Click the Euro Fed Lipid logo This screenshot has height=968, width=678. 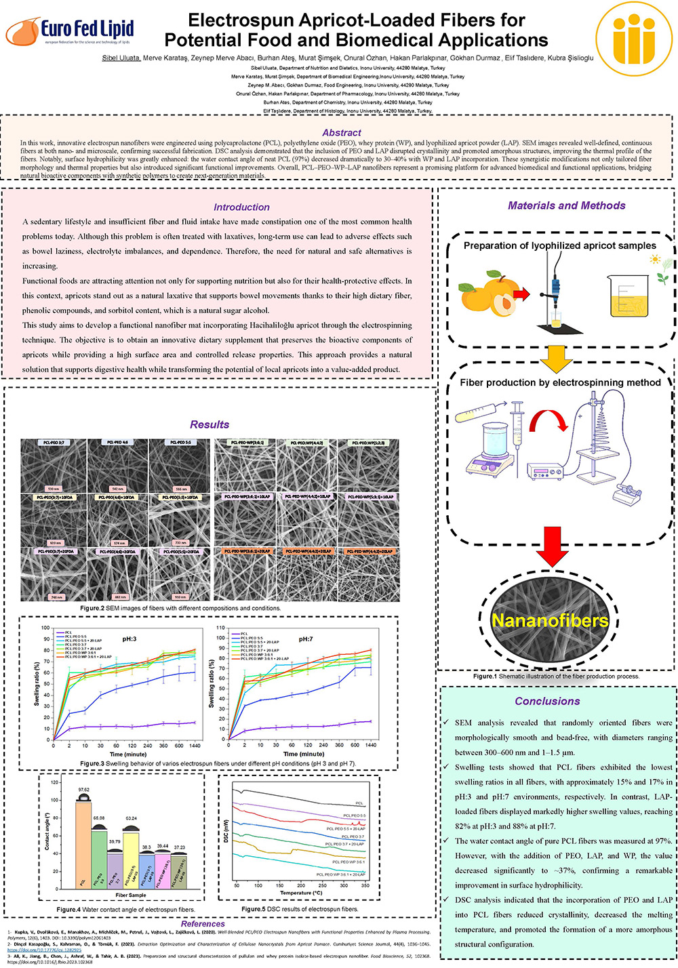pos(70,31)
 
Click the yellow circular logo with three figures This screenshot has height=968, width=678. pos(635,39)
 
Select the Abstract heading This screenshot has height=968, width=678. pos(342,133)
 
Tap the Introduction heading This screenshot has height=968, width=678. pos(241,207)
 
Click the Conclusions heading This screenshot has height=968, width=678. pos(547,702)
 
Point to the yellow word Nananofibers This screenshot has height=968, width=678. pos(550,621)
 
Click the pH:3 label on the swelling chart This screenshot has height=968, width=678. pos(129,639)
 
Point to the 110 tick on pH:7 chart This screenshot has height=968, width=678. pos(220,628)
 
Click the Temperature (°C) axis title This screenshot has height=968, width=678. pos(301,893)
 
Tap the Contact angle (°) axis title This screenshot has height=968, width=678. pos(47,831)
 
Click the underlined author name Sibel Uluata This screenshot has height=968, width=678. pos(121,58)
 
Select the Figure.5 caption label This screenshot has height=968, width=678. pos(254,909)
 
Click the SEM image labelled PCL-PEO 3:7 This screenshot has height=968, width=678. pos(54,466)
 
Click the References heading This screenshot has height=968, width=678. pos(203,923)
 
